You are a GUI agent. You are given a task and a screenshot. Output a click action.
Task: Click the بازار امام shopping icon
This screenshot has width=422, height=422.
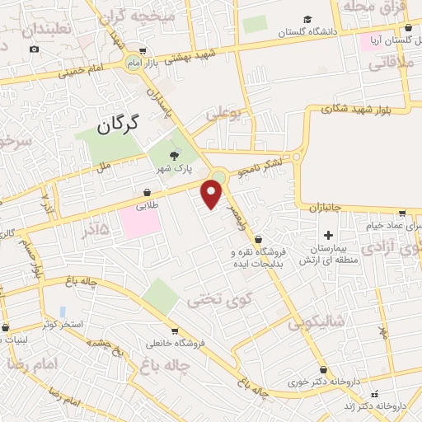[x=146, y=49]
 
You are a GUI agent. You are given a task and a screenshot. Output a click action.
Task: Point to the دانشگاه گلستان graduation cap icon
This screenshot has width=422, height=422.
[x=307, y=19]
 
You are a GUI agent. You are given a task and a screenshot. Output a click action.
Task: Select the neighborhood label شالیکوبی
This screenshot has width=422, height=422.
[x=316, y=323]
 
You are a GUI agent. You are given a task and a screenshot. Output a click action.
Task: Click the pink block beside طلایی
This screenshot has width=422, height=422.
[x=137, y=220]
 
